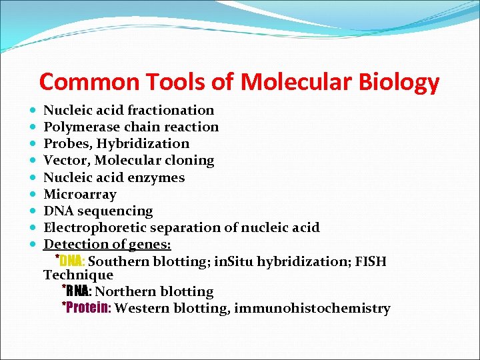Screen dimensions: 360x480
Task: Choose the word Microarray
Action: click(80, 194)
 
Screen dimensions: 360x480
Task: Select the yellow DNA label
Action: click(71, 261)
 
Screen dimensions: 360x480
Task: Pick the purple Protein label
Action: click(89, 308)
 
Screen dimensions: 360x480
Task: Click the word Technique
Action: click(78, 275)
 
